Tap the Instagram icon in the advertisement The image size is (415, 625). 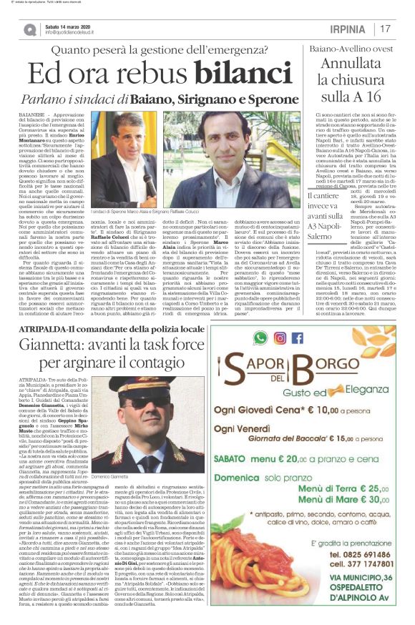coord(280,337)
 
